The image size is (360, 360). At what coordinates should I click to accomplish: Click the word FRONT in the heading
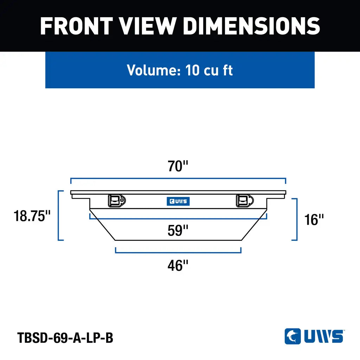pyautogui.click(x=77, y=26)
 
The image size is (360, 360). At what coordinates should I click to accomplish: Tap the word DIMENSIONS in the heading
pyautogui.click(x=252, y=26)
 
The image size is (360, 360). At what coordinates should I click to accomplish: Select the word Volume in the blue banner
pyautogui.click(x=154, y=70)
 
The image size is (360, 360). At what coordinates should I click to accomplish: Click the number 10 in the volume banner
pyautogui.click(x=192, y=70)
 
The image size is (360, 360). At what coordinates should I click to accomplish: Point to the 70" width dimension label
pyautogui.click(x=178, y=166)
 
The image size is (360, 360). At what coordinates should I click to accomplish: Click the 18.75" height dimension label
pyautogui.click(x=32, y=216)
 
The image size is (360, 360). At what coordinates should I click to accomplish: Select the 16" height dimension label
pyautogui.click(x=314, y=219)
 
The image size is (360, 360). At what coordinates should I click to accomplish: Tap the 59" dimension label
pyautogui.click(x=178, y=231)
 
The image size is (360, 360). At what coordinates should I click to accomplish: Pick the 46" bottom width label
pyautogui.click(x=178, y=266)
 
